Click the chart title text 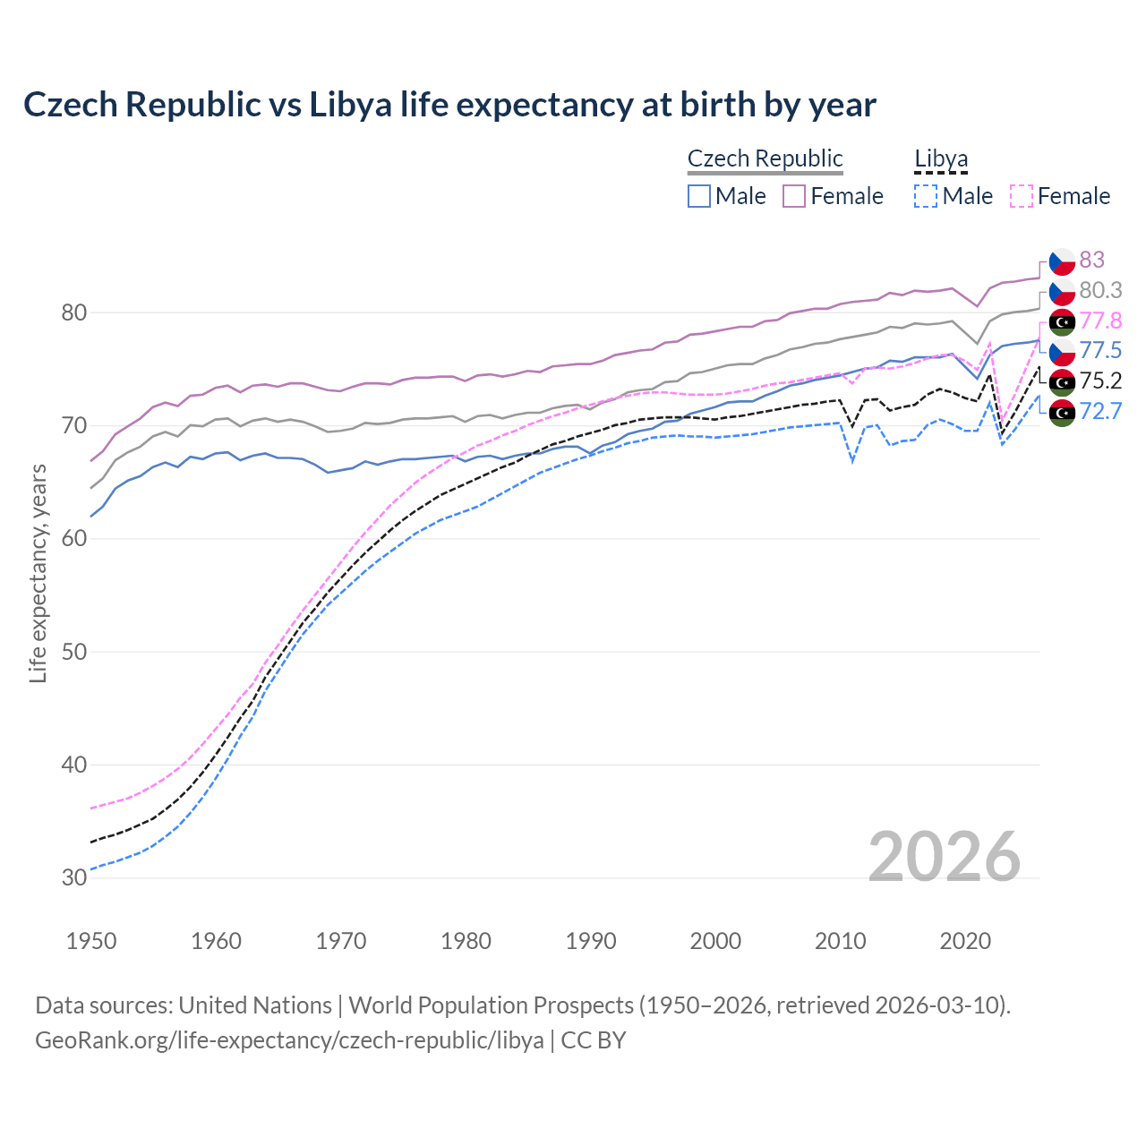click(449, 105)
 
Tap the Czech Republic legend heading click(765, 158)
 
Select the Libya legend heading click(940, 158)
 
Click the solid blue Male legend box click(699, 196)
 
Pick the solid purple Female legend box click(794, 196)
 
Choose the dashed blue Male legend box click(926, 196)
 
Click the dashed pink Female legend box click(1022, 196)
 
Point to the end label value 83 click(1091, 260)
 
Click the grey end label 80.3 click(1100, 290)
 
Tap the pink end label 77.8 click(1100, 321)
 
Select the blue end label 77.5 click(1100, 350)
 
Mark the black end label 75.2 click(1100, 381)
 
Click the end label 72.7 click(1100, 411)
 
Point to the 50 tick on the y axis click(74, 652)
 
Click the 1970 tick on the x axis click(341, 941)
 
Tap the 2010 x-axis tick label click(840, 941)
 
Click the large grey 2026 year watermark click(944, 857)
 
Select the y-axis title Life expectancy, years click(38, 573)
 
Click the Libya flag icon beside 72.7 click(1062, 413)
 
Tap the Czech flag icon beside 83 click(1062, 261)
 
